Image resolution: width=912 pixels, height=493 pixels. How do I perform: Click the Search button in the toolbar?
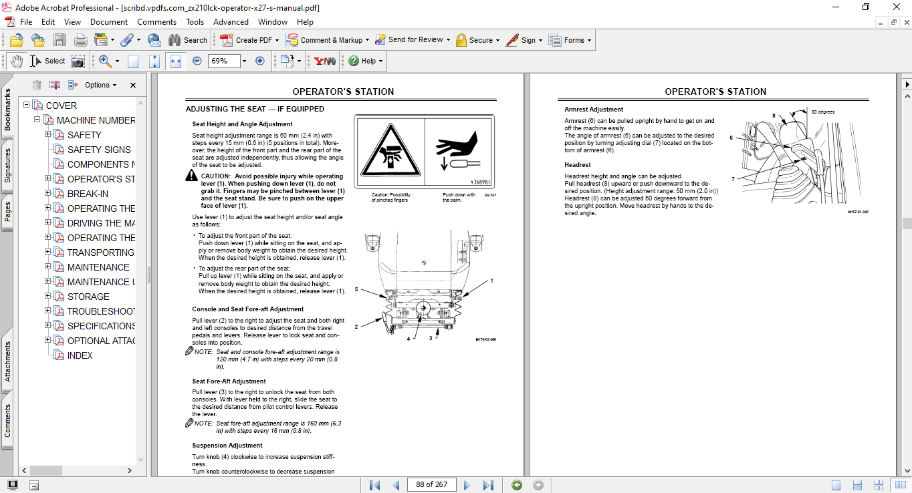(188, 40)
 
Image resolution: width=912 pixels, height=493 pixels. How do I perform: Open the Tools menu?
(195, 22)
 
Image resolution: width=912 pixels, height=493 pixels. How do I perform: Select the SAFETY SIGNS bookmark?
(99, 150)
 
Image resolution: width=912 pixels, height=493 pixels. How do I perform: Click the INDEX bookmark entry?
(80, 355)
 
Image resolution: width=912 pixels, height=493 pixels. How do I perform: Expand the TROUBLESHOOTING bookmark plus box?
(48, 311)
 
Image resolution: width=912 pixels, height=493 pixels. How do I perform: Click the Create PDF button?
(247, 40)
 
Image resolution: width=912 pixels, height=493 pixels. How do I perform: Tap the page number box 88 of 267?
(431, 484)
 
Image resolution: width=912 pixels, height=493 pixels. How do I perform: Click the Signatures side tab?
(8, 166)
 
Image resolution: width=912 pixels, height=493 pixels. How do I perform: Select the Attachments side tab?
(8, 361)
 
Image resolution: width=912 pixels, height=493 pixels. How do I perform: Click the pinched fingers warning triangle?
(389, 152)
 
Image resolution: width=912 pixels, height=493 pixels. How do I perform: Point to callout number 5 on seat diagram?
(357, 289)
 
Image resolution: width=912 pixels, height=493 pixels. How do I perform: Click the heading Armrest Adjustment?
(594, 110)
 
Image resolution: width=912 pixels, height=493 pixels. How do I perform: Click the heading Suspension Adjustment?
(227, 446)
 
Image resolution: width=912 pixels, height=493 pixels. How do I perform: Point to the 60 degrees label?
(822, 112)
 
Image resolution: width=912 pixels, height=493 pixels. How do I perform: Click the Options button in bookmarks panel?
(100, 85)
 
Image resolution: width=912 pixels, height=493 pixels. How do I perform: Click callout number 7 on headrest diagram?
(733, 179)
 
